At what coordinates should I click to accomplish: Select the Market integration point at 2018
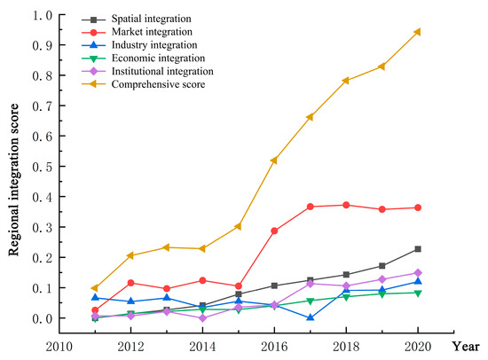click(x=346, y=205)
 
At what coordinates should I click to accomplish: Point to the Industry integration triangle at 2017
click(x=310, y=317)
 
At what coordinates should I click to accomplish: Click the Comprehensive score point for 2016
click(x=273, y=160)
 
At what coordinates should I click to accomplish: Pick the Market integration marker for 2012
click(x=130, y=283)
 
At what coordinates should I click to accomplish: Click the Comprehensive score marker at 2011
click(x=95, y=288)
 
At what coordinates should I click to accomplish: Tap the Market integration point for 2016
click(x=273, y=231)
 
